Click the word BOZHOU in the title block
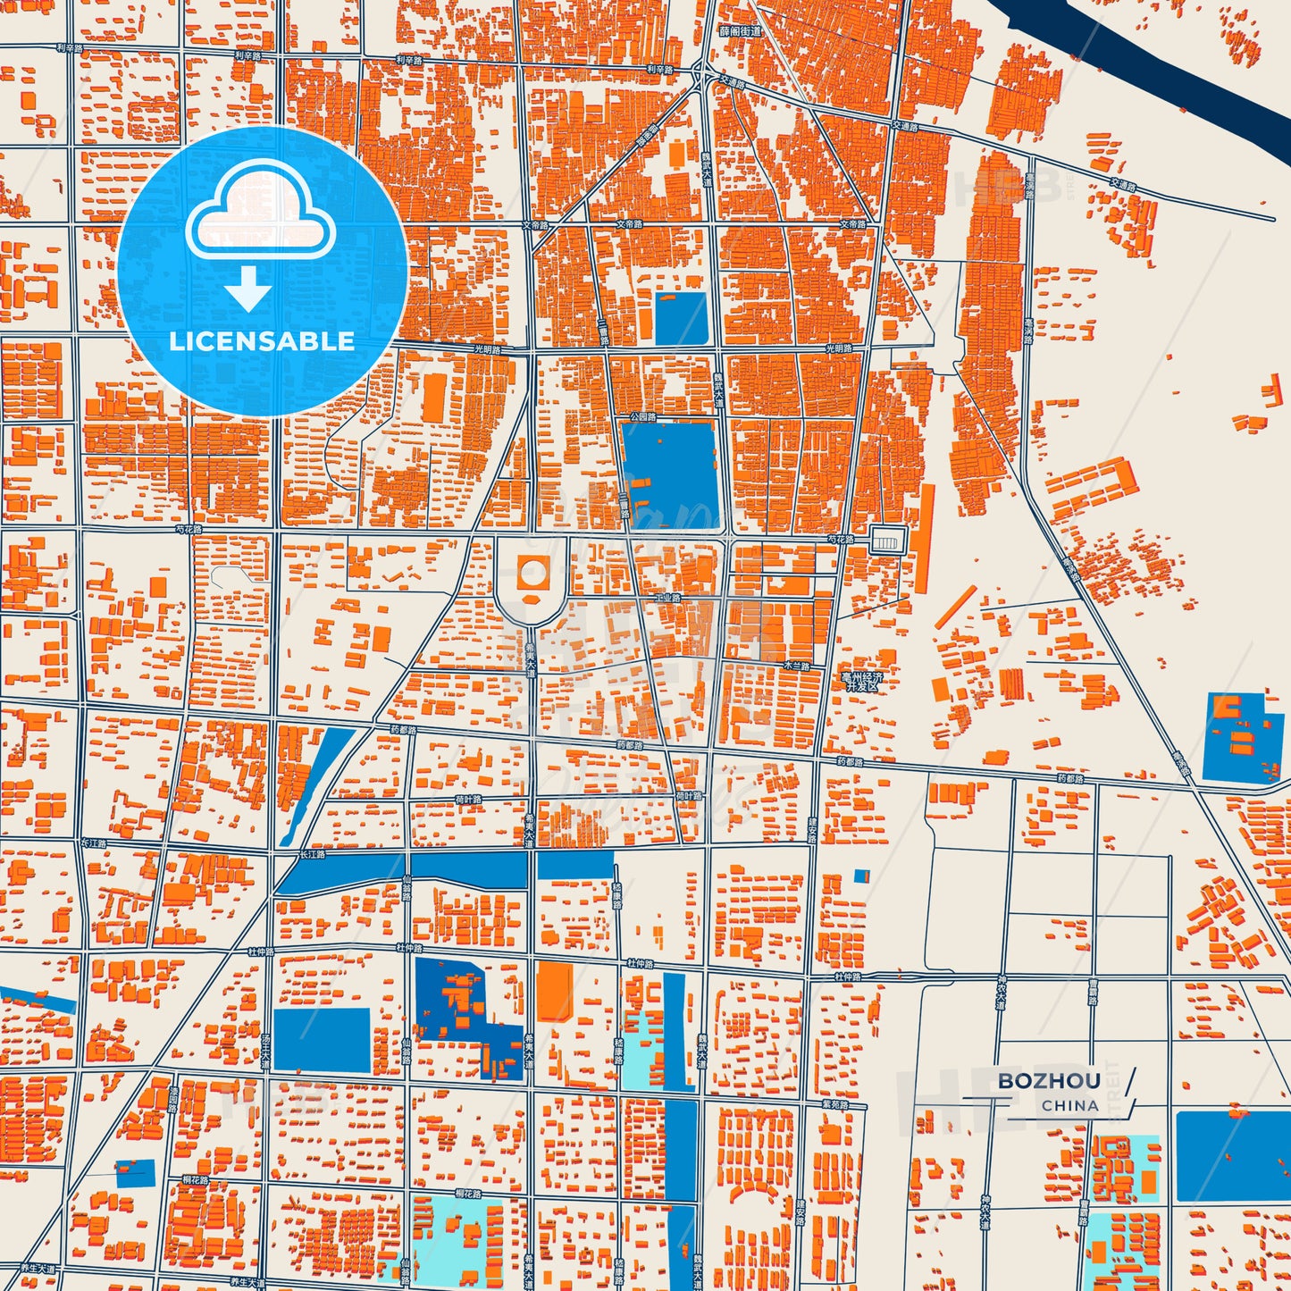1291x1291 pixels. (1048, 1081)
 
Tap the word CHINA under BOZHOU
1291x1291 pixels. (1069, 1105)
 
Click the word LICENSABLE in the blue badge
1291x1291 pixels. (262, 341)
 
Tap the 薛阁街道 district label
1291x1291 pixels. (741, 31)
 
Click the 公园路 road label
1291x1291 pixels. (642, 416)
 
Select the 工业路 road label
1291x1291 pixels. (666, 597)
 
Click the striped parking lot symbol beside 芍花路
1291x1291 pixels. (888, 540)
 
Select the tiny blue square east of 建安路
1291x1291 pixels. (861, 876)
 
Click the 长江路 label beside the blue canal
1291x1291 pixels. (313, 855)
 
